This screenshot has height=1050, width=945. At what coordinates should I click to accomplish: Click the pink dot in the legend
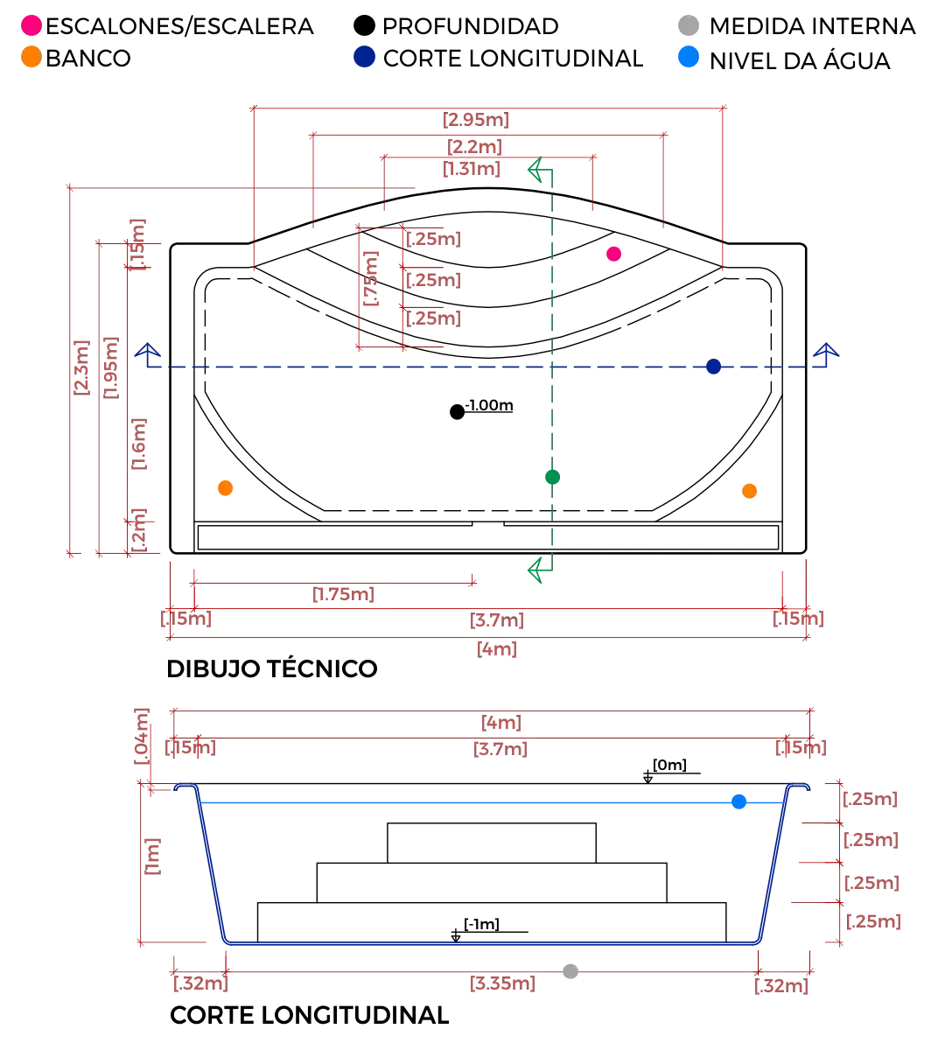pyautogui.click(x=31, y=24)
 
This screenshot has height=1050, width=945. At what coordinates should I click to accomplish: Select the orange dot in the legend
pyautogui.click(x=31, y=59)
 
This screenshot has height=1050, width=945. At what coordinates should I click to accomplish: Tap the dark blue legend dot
pyautogui.click(x=363, y=59)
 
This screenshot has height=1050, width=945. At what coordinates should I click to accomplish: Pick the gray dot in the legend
pyautogui.click(x=686, y=24)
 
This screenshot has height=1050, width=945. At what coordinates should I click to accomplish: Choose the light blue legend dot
pyautogui.click(x=689, y=59)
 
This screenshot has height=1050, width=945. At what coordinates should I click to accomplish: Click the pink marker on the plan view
pyautogui.click(x=613, y=255)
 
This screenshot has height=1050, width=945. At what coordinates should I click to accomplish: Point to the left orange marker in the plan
pyautogui.click(x=226, y=487)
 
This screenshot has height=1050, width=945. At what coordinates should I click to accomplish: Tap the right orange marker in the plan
pyautogui.click(x=750, y=493)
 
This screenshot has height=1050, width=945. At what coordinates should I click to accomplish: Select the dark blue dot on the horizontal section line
pyautogui.click(x=713, y=367)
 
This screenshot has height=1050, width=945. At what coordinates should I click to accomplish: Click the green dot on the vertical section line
pyautogui.click(x=550, y=477)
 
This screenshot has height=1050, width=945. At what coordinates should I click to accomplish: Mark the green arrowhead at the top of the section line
pyautogui.click(x=536, y=170)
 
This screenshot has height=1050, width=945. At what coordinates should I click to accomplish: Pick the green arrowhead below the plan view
pyautogui.click(x=536, y=570)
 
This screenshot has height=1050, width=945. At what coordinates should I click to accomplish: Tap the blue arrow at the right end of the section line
pyautogui.click(x=824, y=352)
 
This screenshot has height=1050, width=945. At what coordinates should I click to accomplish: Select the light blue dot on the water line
pyautogui.click(x=739, y=801)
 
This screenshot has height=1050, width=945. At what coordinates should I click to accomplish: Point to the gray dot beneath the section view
pyautogui.click(x=570, y=969)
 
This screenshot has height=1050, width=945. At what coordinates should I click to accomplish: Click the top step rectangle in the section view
pyautogui.click(x=494, y=842)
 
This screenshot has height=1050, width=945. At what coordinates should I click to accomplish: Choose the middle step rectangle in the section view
pyautogui.click(x=494, y=880)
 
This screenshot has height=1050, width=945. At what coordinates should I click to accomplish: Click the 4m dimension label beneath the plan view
pyautogui.click(x=496, y=649)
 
